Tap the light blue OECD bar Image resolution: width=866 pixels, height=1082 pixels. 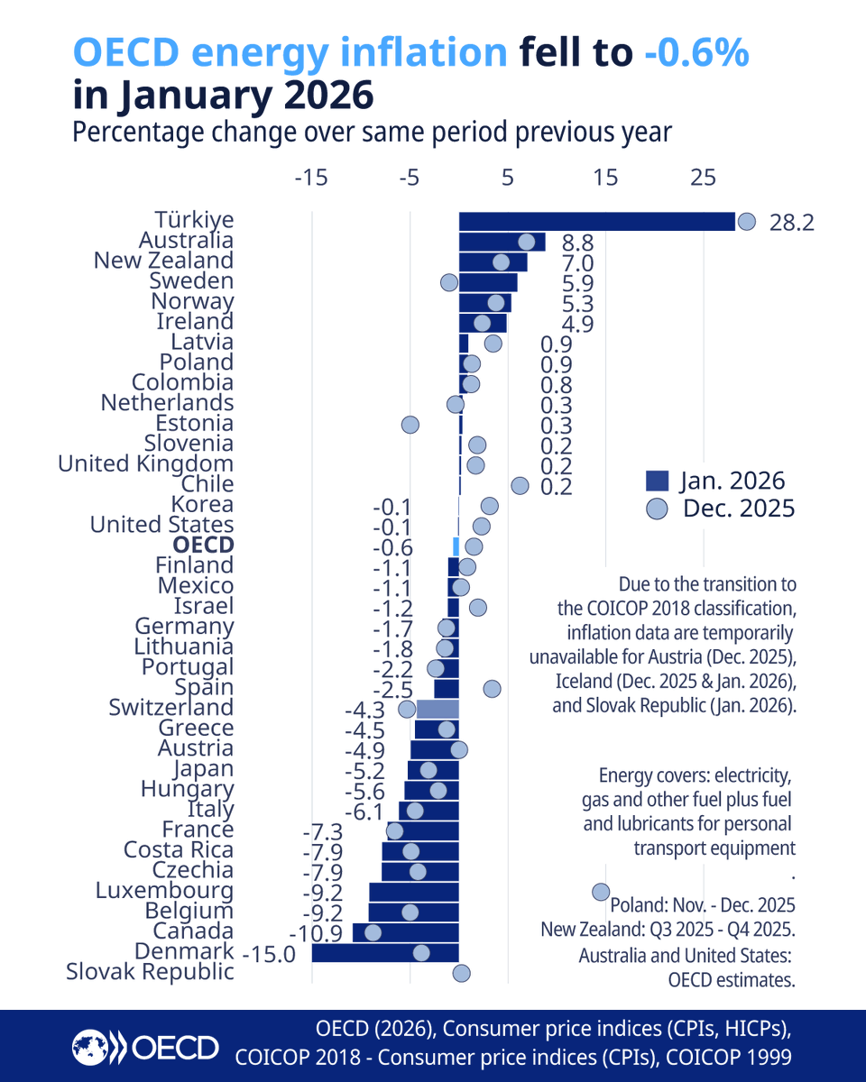[456, 546]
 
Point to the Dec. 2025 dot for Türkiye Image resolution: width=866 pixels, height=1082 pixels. [746, 222]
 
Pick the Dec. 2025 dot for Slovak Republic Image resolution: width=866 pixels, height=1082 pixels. [461, 973]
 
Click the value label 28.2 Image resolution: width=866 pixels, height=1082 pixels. [791, 223]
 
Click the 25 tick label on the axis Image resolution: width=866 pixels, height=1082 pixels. [703, 178]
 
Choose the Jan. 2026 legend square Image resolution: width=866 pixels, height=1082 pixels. [659, 481]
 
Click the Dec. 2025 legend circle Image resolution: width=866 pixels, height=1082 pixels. [659, 509]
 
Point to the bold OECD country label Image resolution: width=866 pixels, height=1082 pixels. [205, 546]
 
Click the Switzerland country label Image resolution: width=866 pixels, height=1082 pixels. [170, 708]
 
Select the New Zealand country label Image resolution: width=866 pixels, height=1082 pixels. [163, 261]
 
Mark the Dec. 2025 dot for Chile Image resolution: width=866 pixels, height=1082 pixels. [520, 485]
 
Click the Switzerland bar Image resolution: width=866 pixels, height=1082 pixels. [438, 709]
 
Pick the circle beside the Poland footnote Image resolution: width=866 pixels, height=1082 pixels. [600, 892]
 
